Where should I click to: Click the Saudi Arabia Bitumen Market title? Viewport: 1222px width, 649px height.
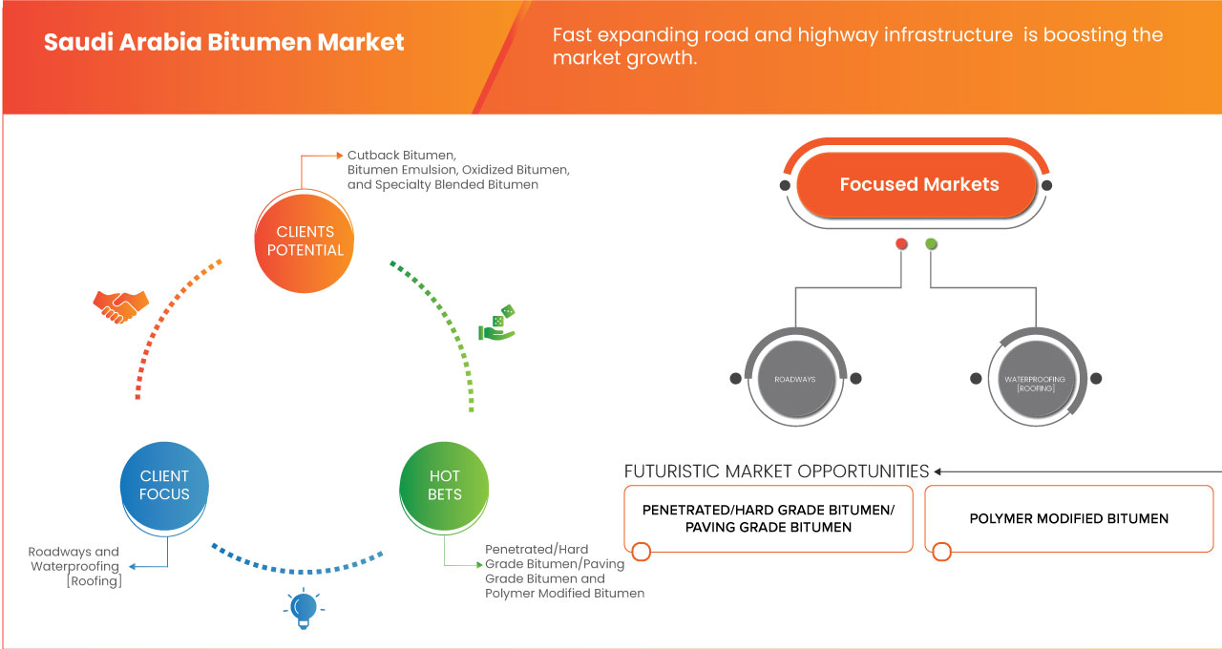pyautogui.click(x=224, y=43)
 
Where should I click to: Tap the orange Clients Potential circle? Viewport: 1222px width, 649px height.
pyautogui.click(x=305, y=241)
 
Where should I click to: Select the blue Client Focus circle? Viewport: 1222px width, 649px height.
pyautogui.click(x=164, y=485)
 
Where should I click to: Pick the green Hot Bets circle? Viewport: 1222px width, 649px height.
pyautogui.click(x=444, y=485)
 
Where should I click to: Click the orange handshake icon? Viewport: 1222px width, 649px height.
pyautogui.click(x=120, y=305)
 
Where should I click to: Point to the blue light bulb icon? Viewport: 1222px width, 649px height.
pyautogui.click(x=304, y=608)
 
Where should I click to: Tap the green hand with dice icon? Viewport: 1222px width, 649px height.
pyautogui.click(x=497, y=324)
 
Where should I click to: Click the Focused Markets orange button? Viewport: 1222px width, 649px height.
pyautogui.click(x=918, y=185)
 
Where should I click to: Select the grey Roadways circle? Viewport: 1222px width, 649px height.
pyautogui.click(x=795, y=379)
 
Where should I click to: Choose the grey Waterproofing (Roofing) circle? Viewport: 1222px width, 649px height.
pyautogui.click(x=1034, y=379)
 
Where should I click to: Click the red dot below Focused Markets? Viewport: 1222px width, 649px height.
pyautogui.click(x=901, y=244)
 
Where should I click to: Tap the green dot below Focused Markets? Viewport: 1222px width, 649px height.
pyautogui.click(x=931, y=244)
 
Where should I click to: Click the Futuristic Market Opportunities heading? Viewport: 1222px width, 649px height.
pyautogui.click(x=776, y=471)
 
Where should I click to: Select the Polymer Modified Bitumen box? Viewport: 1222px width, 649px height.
pyautogui.click(x=1068, y=518)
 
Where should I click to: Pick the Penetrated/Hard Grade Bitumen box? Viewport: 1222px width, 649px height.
pyautogui.click(x=769, y=518)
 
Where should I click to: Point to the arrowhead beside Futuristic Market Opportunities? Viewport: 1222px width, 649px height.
pyautogui.click(x=938, y=471)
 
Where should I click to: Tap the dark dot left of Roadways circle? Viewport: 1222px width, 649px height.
pyautogui.click(x=735, y=378)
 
